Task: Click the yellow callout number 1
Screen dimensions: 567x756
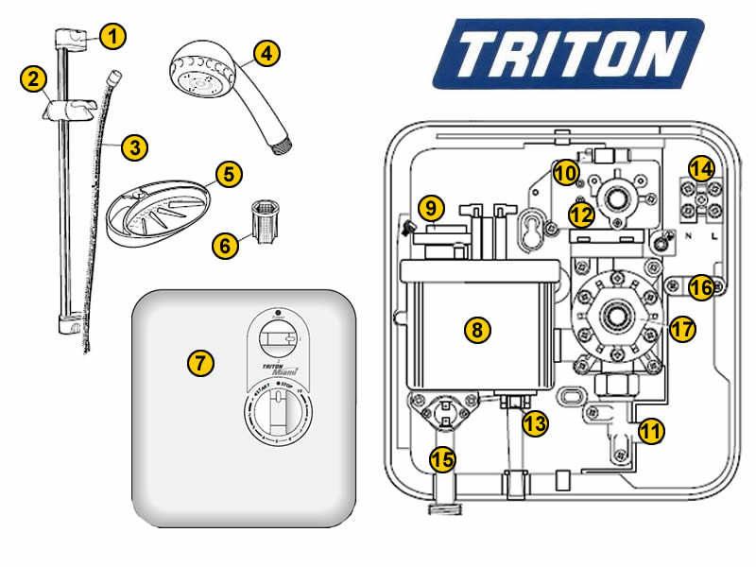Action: pos(112,37)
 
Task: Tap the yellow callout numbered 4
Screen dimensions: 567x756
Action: pos(267,54)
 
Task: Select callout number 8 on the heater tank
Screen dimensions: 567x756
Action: pos(477,330)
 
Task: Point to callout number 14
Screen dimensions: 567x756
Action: pos(700,169)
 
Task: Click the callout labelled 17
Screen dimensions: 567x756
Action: pos(681,330)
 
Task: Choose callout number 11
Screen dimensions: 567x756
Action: pos(651,432)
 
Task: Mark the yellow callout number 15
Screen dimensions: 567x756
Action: pos(441,460)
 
